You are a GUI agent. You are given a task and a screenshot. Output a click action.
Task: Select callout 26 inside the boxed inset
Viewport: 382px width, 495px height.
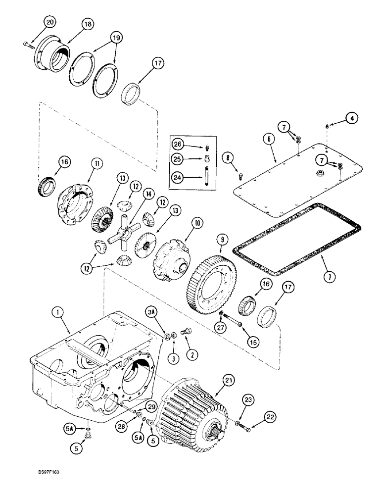tap(179, 144)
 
